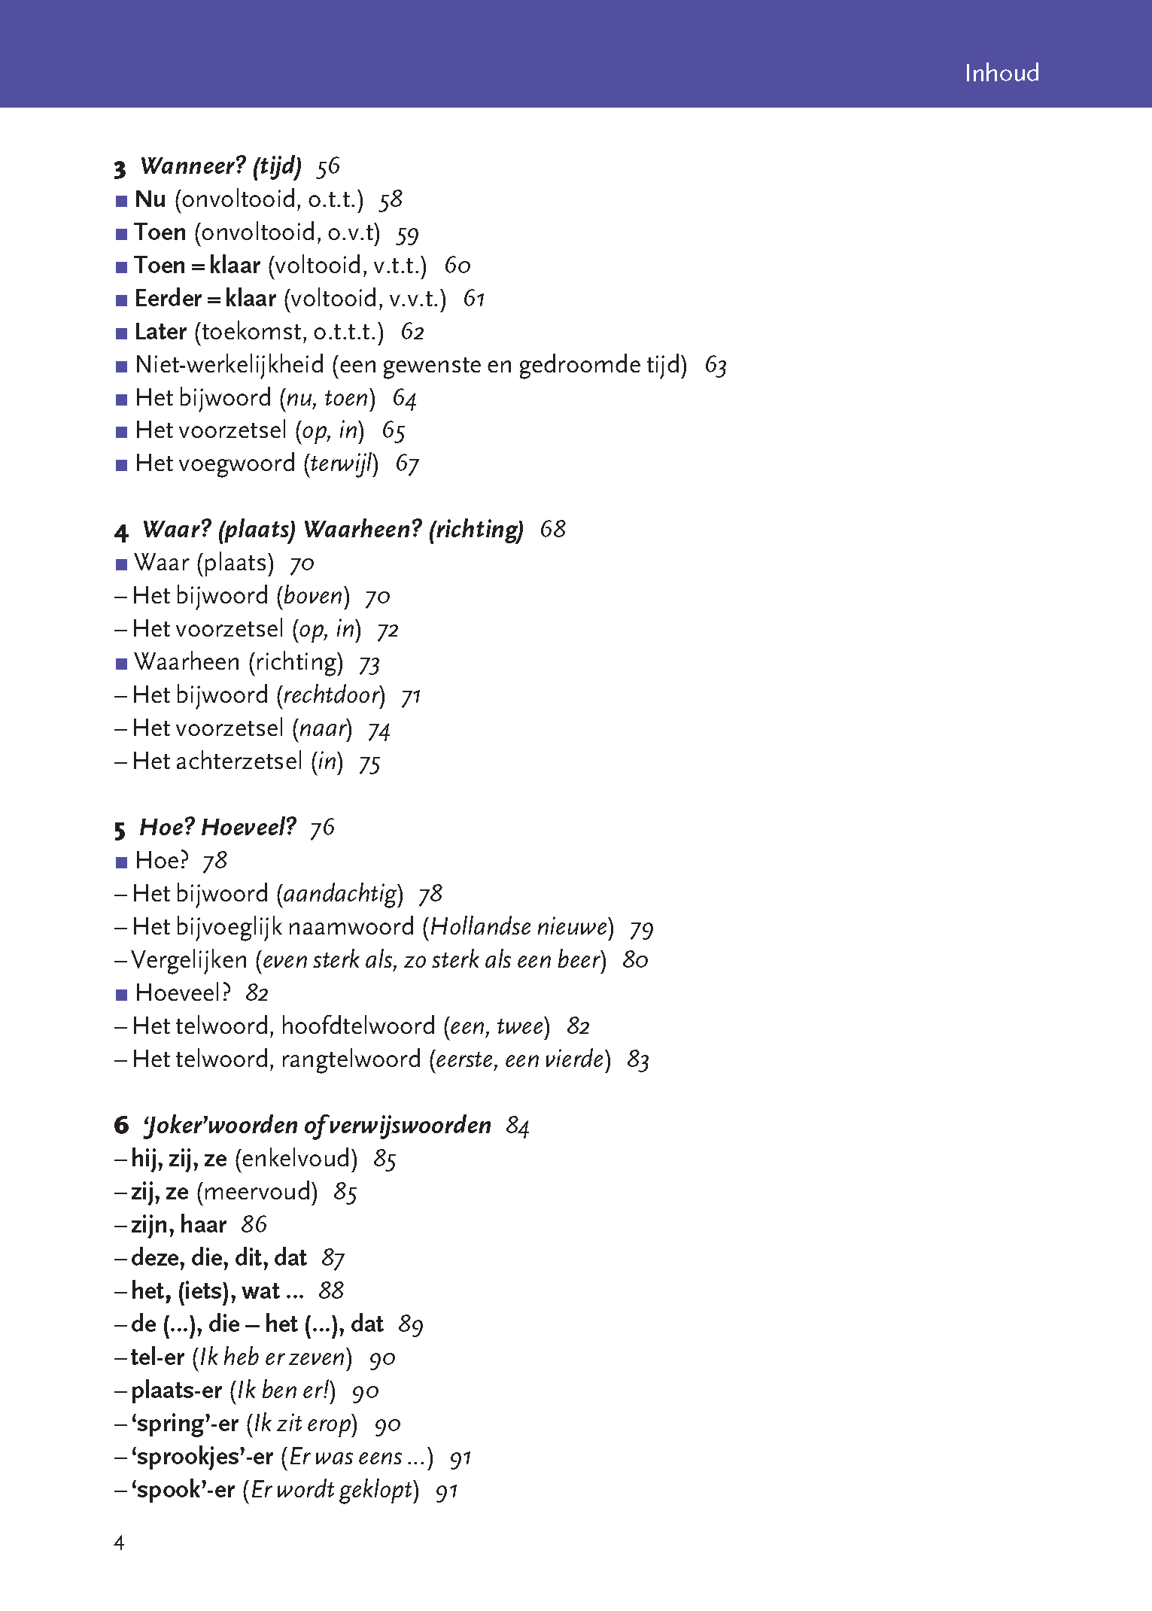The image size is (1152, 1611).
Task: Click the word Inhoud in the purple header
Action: tap(1001, 73)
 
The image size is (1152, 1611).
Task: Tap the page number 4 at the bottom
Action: tap(119, 1543)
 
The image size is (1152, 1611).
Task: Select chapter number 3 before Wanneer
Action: tap(120, 168)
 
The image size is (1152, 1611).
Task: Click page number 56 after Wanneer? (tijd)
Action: tap(328, 166)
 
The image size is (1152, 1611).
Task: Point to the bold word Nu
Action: tap(150, 199)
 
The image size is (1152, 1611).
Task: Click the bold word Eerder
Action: tap(168, 299)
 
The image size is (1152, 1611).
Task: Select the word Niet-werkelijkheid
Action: tap(229, 365)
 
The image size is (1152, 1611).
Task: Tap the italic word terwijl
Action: tap(342, 464)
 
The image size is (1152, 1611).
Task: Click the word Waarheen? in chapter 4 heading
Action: tap(362, 529)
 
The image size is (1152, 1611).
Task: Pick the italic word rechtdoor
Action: tap(331, 695)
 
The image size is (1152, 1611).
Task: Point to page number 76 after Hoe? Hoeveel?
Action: tap(322, 828)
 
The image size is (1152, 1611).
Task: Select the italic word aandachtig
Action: tap(339, 894)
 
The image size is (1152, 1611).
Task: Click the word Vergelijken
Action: tap(189, 960)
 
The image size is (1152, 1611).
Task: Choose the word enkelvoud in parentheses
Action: tap(296, 1159)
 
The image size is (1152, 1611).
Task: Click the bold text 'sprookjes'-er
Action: tap(202, 1457)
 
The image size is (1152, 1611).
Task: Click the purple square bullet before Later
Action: tap(122, 333)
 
